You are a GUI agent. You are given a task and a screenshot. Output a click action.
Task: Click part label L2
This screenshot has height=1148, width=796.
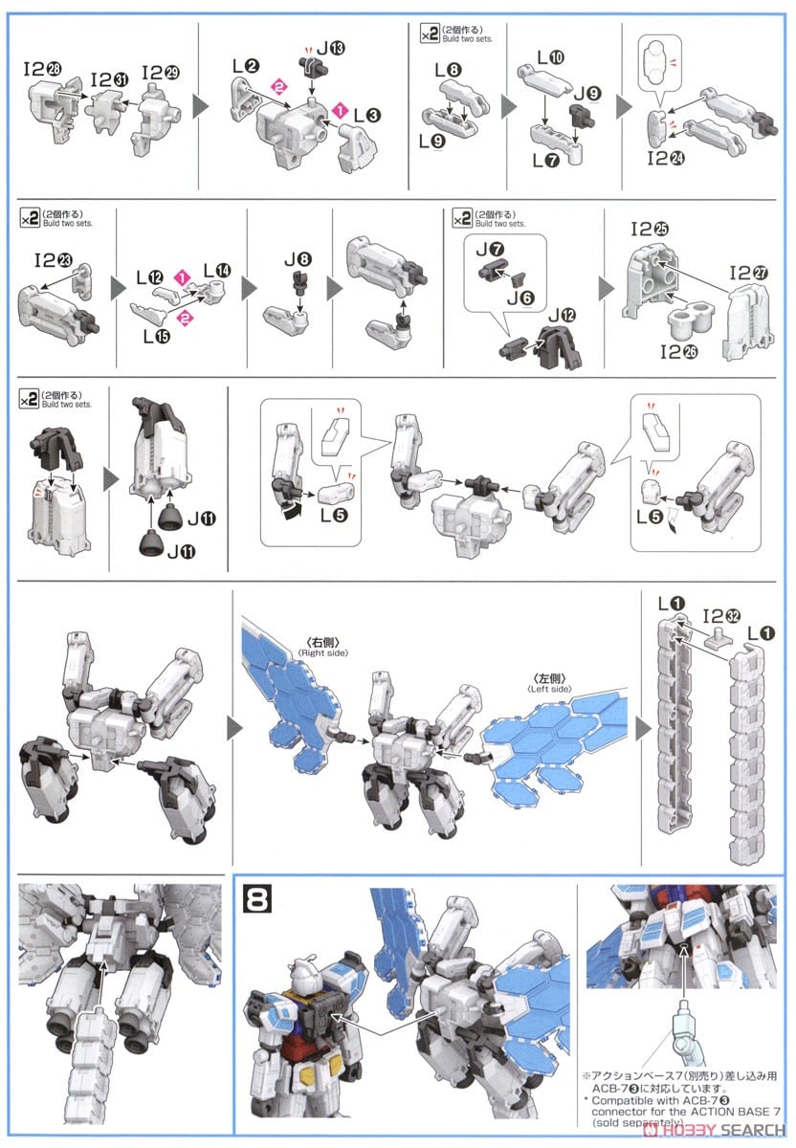tap(246, 65)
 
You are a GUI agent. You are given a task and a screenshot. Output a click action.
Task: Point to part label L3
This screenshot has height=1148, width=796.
tap(366, 115)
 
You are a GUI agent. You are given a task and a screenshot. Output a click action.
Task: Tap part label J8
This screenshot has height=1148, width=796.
tap(298, 257)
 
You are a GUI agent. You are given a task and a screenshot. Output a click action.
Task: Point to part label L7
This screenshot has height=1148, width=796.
tap(547, 160)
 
